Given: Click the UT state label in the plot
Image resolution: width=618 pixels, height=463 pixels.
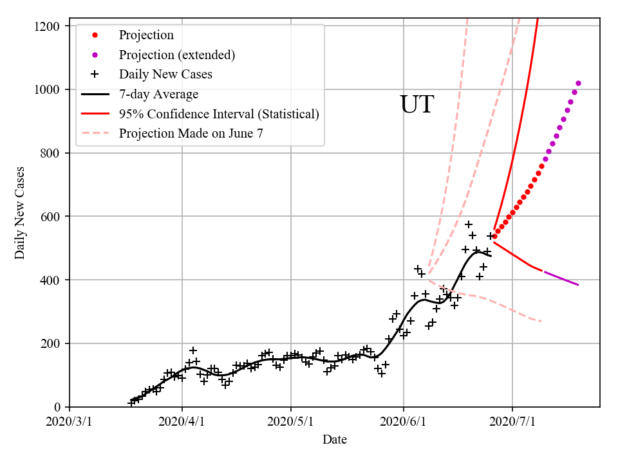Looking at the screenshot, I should pos(417,105).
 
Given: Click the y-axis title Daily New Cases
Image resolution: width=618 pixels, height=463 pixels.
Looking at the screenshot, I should pos(20,213).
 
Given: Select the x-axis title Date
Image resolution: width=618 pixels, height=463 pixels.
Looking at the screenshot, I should pos(335,440).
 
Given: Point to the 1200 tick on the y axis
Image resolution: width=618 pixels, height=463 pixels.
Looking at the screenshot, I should pos(49,26).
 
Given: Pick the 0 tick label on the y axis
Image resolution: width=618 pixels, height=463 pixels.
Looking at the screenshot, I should pos(57,407).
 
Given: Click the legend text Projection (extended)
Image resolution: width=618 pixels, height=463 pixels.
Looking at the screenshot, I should pos(177,55).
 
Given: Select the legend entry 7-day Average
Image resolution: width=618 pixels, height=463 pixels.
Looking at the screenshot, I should pos(158,95).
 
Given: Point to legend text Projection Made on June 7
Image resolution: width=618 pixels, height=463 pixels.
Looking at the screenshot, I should pos(191,134).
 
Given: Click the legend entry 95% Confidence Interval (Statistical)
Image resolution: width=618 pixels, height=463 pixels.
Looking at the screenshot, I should pos(219,114).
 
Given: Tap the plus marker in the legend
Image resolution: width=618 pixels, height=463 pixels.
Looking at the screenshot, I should pos(95,75).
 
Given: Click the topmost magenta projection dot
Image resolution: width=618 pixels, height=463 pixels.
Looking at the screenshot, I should pos(578,83).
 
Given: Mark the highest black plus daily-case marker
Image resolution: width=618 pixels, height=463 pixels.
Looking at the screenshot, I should pos(469,224).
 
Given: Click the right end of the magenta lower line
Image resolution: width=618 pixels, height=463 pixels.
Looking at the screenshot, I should pos(578,285).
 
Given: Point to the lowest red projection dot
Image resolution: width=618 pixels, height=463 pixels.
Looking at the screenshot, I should pos(494,237).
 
